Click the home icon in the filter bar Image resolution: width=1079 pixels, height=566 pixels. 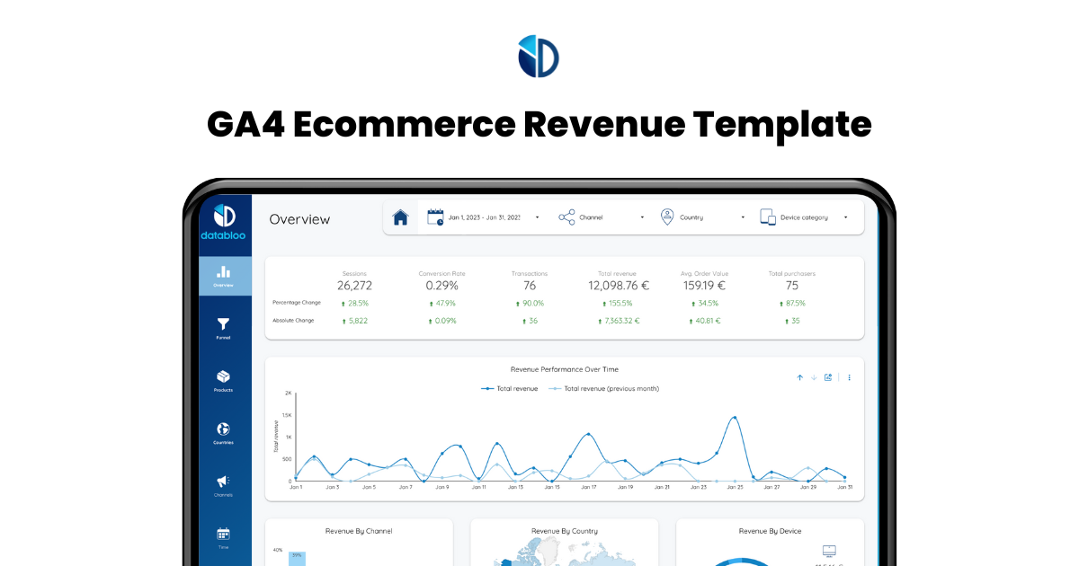401,217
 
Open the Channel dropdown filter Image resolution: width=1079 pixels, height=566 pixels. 601,217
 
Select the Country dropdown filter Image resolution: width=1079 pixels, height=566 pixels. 702,217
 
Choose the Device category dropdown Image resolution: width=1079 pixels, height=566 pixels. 804,217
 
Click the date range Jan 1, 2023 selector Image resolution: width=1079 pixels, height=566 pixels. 483,217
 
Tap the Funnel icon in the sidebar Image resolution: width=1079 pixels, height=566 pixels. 223,324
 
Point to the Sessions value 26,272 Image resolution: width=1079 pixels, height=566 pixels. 354,286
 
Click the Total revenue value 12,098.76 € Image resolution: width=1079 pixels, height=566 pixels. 619,286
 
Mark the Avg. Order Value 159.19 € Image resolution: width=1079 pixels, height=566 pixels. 703,286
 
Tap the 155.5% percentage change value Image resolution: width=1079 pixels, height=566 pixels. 621,304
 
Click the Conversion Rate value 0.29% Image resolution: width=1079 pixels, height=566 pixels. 441,286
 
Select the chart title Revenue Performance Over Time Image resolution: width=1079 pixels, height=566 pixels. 564,369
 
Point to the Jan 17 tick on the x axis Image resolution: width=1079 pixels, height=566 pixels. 588,487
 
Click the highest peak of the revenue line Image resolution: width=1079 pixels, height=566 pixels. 735,418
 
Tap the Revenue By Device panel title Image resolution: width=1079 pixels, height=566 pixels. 770,531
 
